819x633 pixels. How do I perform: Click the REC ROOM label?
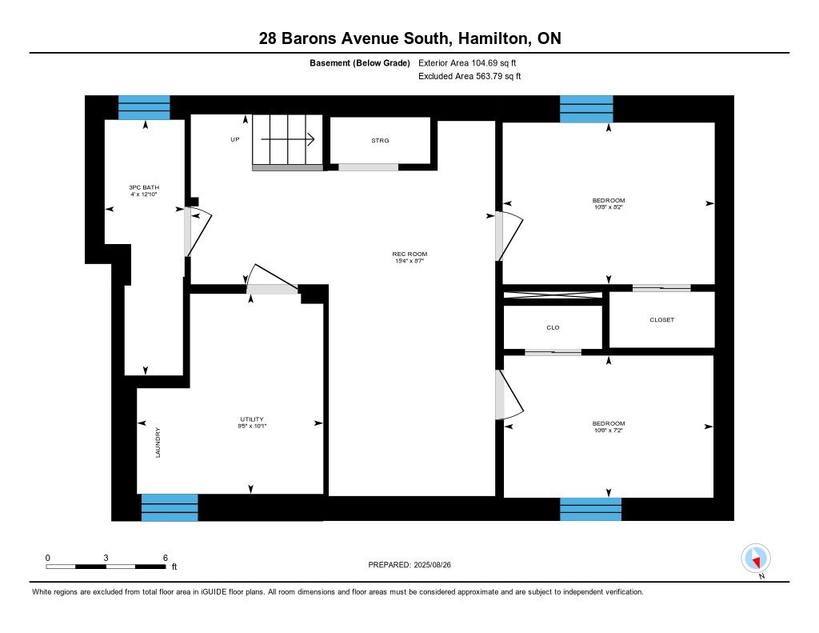409,254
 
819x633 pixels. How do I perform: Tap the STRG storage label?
380,141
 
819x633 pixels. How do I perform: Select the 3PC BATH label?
144,187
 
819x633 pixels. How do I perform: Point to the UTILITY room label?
252,419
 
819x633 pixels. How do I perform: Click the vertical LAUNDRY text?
158,443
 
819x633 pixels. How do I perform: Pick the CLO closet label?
553,328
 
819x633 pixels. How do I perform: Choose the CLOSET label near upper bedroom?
661,320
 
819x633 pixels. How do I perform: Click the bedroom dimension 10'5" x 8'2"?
609,207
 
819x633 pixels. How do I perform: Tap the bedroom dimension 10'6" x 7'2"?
609,431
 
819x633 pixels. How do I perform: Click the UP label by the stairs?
235,139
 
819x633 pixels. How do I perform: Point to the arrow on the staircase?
288,139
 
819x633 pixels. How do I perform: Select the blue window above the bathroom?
144,108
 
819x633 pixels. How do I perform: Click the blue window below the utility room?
170,507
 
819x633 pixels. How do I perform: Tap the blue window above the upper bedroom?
586,109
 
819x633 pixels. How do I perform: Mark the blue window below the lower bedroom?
591,509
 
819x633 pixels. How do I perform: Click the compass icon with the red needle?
756,559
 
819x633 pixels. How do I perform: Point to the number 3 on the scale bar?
106,558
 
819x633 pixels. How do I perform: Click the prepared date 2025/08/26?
432,564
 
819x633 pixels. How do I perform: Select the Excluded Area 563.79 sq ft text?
469,76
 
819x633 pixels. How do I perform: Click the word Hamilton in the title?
493,38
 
